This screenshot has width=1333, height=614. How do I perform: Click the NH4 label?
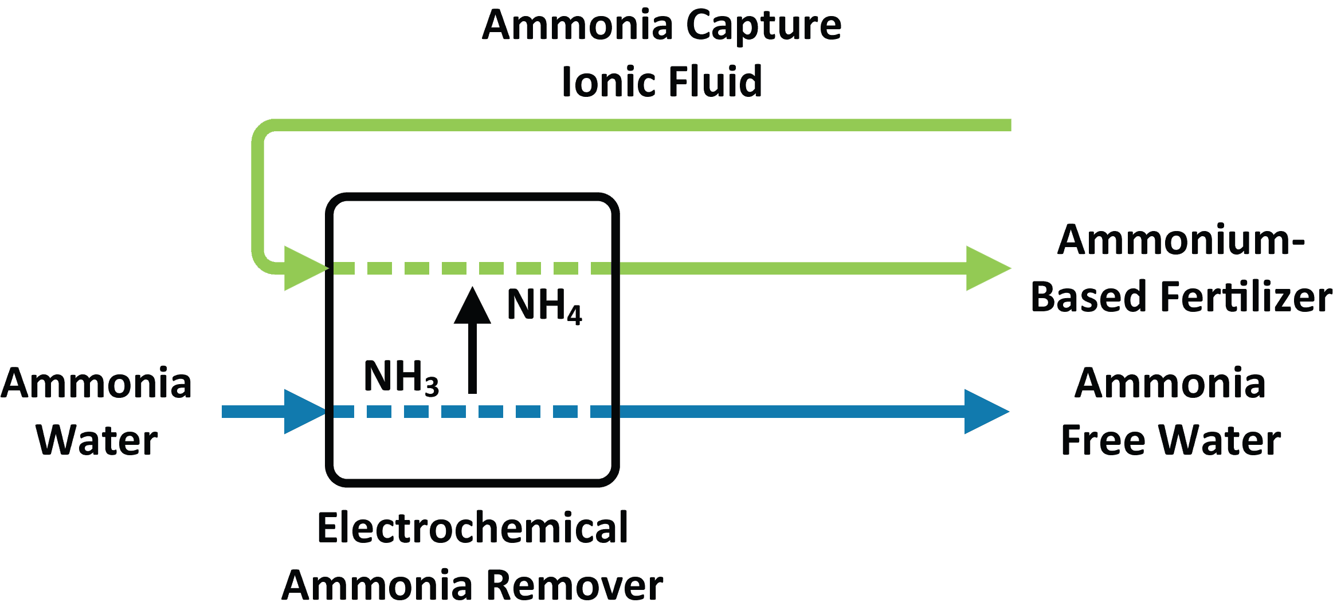pos(543,305)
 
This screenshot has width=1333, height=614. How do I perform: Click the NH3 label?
pos(401,377)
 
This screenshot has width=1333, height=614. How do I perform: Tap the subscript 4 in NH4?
pos(574,315)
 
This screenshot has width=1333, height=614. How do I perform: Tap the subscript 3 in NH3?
pos(432,386)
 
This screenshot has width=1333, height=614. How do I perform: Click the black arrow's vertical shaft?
pos(472,358)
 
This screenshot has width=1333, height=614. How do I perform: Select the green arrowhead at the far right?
pos(986,268)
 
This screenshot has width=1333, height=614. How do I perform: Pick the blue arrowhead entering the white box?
pos(301,412)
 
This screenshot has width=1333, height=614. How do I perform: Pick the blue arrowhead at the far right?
pos(984,412)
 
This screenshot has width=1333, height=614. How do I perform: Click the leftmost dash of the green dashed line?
pos(344,268)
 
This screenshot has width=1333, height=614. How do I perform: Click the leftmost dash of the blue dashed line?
pos(344,412)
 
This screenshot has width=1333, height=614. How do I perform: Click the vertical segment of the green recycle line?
pos(258,195)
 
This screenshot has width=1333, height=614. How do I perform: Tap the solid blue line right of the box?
pos(791,412)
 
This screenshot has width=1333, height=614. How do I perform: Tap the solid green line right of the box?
pos(791,268)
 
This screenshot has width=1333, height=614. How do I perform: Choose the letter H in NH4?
pos(551,304)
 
